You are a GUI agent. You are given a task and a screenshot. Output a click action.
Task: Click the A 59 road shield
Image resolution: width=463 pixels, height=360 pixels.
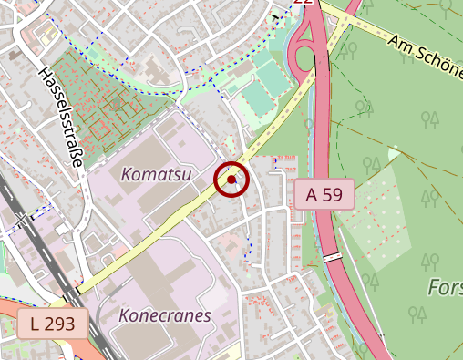324,194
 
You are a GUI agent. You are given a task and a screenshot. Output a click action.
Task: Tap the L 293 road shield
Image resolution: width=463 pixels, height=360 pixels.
52,323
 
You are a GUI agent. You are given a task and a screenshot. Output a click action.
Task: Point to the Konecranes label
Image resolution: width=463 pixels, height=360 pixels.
165,315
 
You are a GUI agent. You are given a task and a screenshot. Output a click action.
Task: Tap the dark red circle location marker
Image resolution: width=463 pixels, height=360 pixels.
231,180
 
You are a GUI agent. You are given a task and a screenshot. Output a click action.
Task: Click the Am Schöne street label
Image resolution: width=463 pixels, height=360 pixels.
424,55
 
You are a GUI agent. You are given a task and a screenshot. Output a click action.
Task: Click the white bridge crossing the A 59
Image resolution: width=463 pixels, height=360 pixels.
333,257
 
